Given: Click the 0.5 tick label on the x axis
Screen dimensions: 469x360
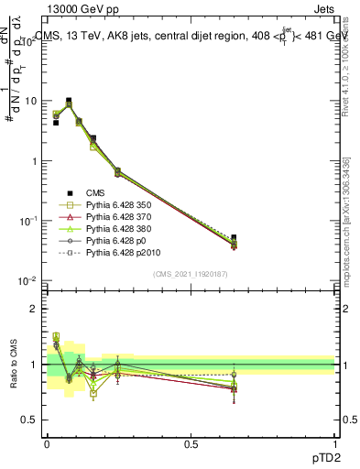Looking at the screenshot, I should [x=191, y=442].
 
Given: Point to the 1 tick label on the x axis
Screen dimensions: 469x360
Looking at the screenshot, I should [x=335, y=442].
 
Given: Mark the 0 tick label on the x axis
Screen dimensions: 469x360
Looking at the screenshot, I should [x=47, y=442].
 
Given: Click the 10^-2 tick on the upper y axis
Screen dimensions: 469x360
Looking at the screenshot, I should [x=27, y=280].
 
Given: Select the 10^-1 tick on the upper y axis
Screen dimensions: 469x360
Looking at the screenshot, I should [x=27, y=221].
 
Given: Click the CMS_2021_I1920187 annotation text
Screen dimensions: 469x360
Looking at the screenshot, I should [x=191, y=274].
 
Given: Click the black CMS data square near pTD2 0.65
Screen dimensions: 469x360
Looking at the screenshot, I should [x=234, y=237].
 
